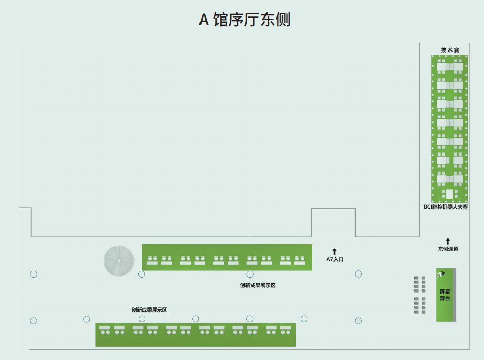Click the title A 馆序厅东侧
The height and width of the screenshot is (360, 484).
pos(244,20)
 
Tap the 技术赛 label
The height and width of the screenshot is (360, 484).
pos(450,50)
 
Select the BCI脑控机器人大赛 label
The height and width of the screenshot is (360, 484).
pos(445,207)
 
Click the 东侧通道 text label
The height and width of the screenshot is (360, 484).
pos(448,249)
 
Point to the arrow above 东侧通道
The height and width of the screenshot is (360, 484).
pos(448,241)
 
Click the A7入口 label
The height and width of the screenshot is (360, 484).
pos(335,259)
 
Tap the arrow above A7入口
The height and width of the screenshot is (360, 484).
pos(335,251)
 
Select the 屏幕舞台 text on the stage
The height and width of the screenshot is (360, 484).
pos(445,295)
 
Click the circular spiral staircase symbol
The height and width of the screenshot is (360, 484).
pos(119,261)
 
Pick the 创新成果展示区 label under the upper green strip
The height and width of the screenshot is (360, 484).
pos(258,286)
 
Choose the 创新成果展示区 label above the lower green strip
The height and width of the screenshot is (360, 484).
pos(149,310)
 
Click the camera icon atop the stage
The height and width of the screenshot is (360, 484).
pos(441,273)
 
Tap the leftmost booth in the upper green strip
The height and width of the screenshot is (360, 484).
pos(152,261)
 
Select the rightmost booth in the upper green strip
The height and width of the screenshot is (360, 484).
pos(299,261)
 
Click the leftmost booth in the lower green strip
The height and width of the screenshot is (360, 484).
pos(105,330)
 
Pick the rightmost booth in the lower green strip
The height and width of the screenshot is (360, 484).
pos(286,330)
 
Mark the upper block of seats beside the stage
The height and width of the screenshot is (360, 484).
pos(420,284)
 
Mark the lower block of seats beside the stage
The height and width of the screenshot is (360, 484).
pos(420,305)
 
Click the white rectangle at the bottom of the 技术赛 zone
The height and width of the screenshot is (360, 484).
pos(449,194)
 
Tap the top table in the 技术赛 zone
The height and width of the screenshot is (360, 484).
pos(449,67)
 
